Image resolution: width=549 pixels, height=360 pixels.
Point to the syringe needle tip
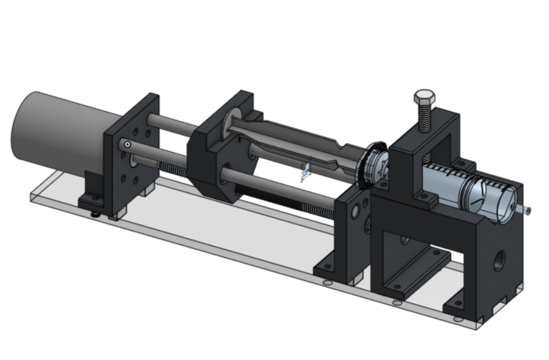point(527,211)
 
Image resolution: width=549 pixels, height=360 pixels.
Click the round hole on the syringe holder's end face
point(499,259)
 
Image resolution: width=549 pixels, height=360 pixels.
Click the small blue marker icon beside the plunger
point(306,171)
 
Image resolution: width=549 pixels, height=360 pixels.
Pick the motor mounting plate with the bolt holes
point(132,166)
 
